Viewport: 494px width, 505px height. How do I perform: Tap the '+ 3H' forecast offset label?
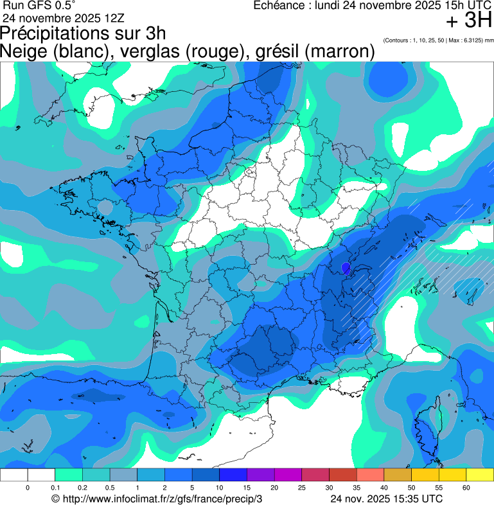coord(469,21)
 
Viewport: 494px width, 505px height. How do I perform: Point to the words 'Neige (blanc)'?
coord(53,51)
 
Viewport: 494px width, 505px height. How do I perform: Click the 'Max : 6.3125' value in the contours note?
coord(470,40)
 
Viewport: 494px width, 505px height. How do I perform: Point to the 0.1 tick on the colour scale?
coord(55,488)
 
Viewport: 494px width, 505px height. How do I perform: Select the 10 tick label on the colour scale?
coord(219,488)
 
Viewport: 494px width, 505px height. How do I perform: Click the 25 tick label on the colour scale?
coord(301,488)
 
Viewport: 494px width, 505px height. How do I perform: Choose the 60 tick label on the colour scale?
coord(466,488)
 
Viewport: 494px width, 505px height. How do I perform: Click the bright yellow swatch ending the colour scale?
coord(479,475)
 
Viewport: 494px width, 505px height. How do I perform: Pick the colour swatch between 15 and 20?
coord(260,475)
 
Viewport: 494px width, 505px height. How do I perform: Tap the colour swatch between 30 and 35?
coord(342,475)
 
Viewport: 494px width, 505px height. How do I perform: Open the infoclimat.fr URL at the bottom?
coord(157,499)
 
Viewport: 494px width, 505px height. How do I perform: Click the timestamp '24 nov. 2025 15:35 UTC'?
coord(386,499)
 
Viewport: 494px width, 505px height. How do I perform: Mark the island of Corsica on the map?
coord(427,420)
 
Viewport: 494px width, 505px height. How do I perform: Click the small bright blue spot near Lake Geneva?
coord(346,267)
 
